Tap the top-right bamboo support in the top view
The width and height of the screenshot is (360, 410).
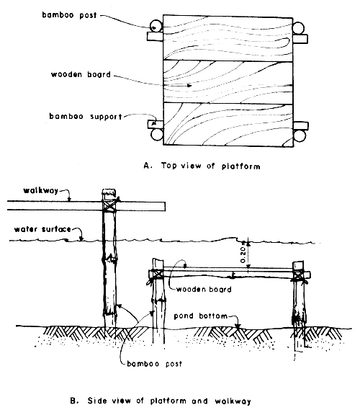click(300, 37)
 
